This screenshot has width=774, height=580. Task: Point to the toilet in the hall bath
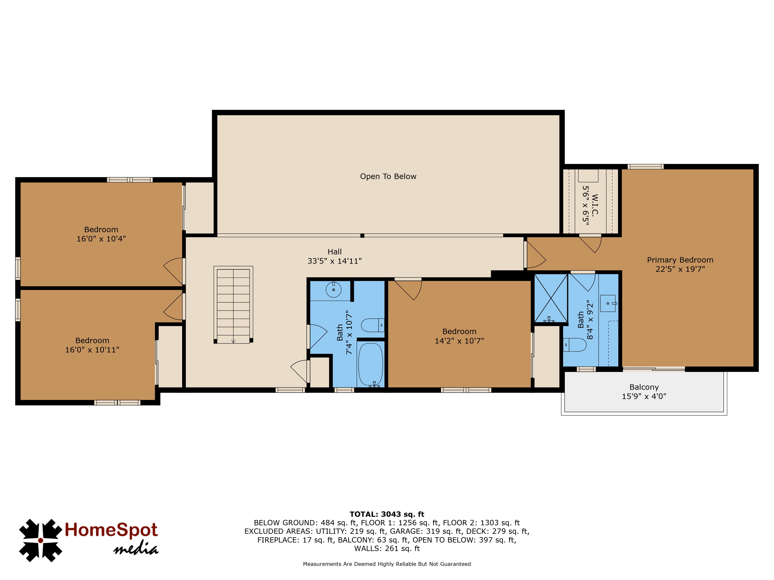(x=373, y=325)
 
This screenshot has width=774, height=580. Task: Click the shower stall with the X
(x=551, y=298)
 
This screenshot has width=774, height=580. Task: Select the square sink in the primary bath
(x=608, y=303)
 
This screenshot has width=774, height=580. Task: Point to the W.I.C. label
(x=595, y=205)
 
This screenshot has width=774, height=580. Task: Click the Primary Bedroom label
(x=680, y=260)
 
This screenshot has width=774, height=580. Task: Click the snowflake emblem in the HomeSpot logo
(x=41, y=541)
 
